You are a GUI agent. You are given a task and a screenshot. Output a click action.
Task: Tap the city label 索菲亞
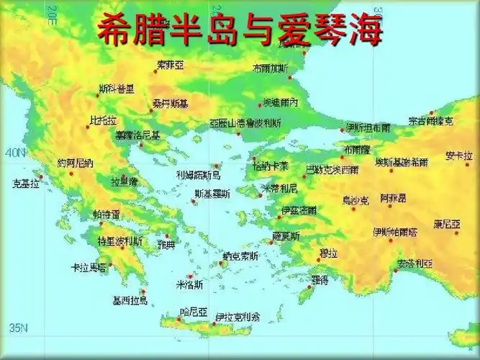click(x=171, y=65)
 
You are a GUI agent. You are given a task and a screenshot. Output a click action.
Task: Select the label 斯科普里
click(x=116, y=89)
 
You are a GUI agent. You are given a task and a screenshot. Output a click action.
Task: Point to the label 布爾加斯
click(x=270, y=68)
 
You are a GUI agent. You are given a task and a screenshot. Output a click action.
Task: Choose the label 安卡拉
click(x=458, y=156)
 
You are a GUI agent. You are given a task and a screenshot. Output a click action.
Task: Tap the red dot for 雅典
click(x=167, y=236)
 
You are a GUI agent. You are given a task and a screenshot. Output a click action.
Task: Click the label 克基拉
click(x=26, y=184)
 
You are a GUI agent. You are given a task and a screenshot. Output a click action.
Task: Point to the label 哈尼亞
click(x=193, y=312)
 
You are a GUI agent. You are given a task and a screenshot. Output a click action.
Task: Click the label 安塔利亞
click(x=414, y=264)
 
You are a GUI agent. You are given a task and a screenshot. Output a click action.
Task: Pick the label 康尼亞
click(x=446, y=224)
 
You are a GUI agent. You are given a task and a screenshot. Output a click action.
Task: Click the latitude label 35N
click(x=16, y=328)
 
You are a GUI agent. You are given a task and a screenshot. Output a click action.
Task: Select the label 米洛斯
click(x=189, y=284)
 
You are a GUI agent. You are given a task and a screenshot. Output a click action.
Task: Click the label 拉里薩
click(x=124, y=182)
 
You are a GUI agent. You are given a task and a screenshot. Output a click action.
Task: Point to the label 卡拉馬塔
click(x=88, y=267)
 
